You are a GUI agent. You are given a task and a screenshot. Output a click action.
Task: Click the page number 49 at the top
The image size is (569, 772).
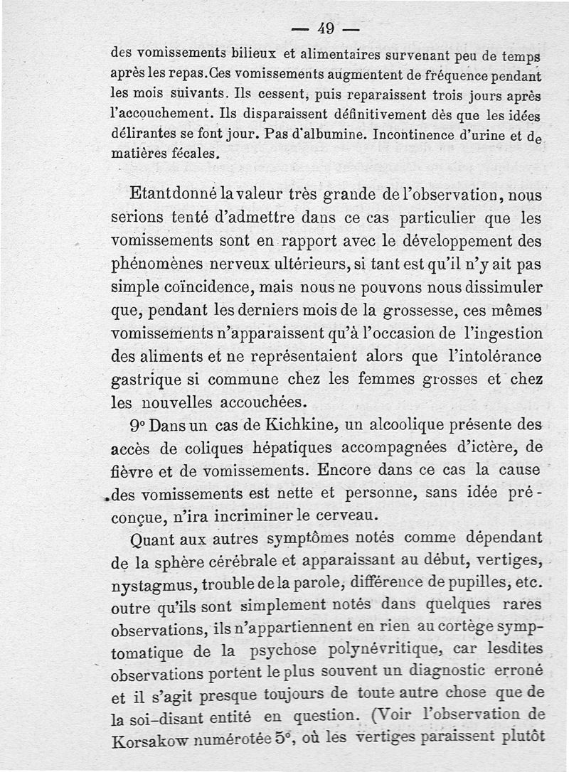(x=326, y=29)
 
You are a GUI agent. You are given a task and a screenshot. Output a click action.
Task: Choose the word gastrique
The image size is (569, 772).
(x=149, y=379)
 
